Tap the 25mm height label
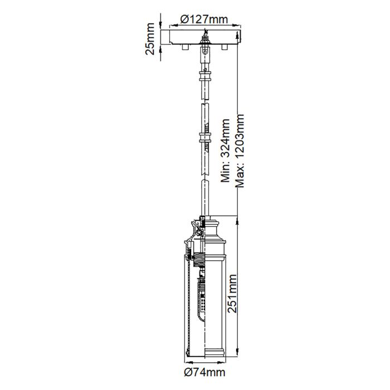(149, 42)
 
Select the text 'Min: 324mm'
(226, 150)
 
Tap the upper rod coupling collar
(206, 76)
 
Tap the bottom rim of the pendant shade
(204, 354)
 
